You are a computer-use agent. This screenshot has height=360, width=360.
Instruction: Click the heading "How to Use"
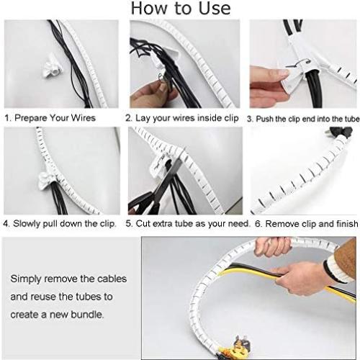point(180,9)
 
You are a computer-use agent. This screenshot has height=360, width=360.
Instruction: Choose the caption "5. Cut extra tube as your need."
point(184,224)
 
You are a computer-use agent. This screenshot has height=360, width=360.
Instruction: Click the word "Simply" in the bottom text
point(27,277)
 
